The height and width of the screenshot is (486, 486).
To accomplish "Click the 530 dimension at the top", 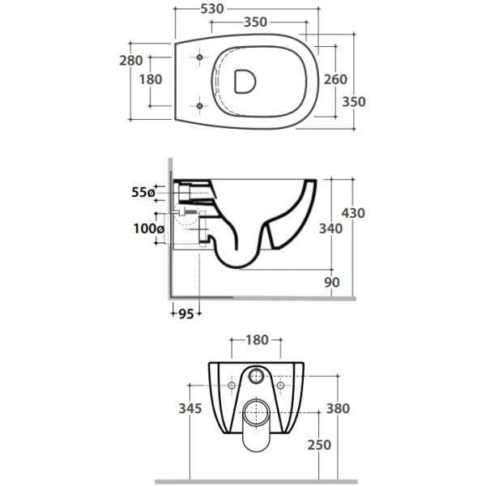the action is (x=212, y=9).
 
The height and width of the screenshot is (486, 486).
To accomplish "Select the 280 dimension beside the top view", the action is (x=131, y=61).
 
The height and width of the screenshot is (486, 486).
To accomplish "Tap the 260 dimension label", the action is (x=335, y=79).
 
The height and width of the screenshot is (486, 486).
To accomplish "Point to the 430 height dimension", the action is (x=353, y=213).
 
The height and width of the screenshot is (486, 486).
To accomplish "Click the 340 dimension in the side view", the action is (x=331, y=228).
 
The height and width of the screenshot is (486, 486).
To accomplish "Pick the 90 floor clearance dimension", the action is (x=332, y=283).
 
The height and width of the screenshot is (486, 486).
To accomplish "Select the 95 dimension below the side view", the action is (x=186, y=314).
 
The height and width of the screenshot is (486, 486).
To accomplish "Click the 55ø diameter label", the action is (x=143, y=193).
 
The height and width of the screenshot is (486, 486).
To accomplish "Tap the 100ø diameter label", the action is (x=149, y=229).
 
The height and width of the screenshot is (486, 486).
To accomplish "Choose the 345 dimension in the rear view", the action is (x=190, y=408).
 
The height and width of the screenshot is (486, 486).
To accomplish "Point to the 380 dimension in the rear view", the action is (x=338, y=408).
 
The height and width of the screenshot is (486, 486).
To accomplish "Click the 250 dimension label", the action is (x=319, y=445).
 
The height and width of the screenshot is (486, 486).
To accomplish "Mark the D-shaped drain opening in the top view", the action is (x=245, y=81).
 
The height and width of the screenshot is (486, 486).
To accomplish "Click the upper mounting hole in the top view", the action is (x=199, y=58).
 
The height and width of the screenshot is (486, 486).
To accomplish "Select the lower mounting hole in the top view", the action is (x=199, y=106).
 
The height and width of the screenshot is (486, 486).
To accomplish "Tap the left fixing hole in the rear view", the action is (x=232, y=386).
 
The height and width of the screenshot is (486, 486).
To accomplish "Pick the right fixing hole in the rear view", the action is (x=280, y=386).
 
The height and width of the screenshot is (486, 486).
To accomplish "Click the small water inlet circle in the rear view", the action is (x=256, y=377).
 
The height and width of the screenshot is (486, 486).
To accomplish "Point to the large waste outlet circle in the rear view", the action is (x=256, y=413).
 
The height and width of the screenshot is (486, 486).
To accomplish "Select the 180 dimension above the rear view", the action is (x=257, y=340).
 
